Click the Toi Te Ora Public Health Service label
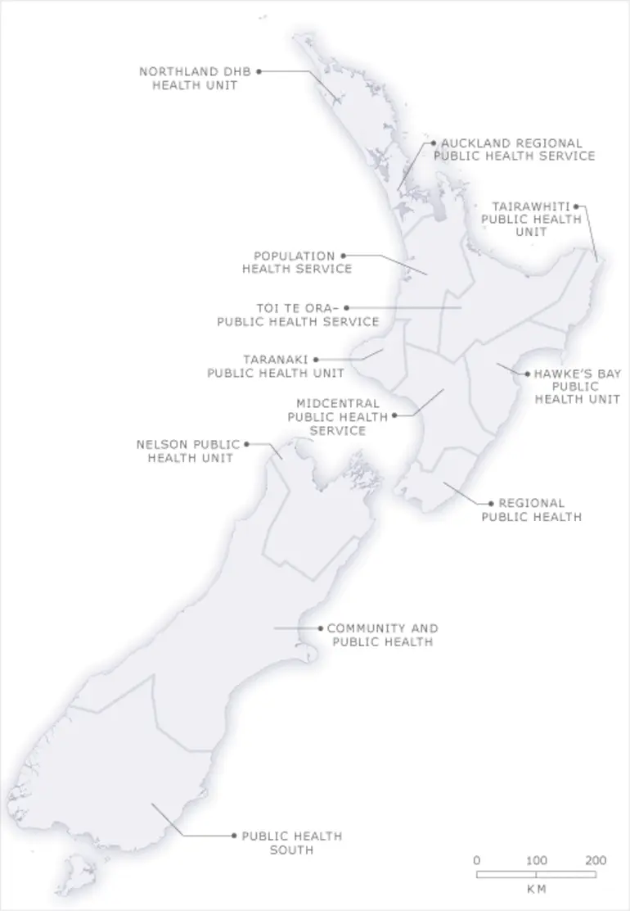298,315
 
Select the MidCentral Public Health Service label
337,416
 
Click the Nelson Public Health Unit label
188,451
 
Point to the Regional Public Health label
532,510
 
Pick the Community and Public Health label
382,635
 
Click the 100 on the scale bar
536,861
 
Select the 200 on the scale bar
596,861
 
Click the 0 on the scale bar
477,861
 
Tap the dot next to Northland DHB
259,71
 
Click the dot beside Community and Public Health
320,628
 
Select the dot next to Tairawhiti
577,206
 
